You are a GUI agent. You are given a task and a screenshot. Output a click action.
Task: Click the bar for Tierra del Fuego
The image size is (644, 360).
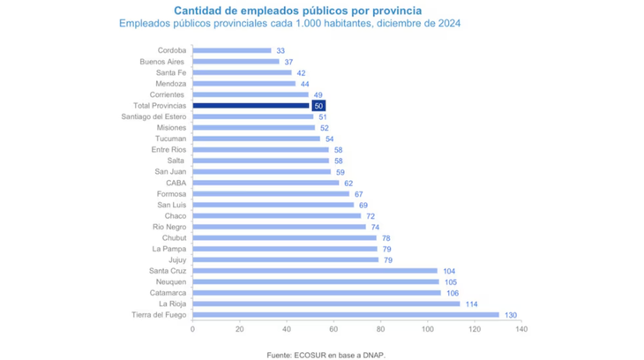click(x=345, y=315)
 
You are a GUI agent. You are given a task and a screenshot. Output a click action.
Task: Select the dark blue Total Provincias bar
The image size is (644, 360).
click(x=251, y=106)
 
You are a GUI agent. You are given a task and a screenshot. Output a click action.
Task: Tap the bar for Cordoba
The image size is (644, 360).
click(x=231, y=51)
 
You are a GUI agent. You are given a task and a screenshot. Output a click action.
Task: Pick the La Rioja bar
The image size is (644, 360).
click(x=326, y=304)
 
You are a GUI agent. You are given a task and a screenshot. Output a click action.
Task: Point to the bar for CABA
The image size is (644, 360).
click(x=265, y=183)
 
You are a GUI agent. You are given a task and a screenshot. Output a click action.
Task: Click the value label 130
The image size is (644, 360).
click(x=509, y=315)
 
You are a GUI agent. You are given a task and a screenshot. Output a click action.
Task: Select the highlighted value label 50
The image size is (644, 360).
click(x=318, y=106)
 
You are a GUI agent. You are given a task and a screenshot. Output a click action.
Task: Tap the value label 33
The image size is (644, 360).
click(x=281, y=51)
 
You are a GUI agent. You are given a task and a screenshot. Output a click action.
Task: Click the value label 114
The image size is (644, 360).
click(x=472, y=304)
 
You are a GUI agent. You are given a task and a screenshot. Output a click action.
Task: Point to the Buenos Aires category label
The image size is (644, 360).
click(x=162, y=62)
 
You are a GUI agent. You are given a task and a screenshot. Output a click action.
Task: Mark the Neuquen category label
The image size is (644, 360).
click(x=168, y=281)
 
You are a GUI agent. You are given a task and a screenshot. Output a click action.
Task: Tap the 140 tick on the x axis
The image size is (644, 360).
click(x=521, y=329)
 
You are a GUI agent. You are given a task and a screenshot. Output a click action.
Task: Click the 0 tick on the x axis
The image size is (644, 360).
click(x=192, y=329)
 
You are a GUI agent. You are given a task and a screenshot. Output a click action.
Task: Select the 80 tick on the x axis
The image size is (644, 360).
click(x=380, y=329)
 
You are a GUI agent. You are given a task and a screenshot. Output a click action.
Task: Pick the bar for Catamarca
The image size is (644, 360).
click(x=317, y=293)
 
